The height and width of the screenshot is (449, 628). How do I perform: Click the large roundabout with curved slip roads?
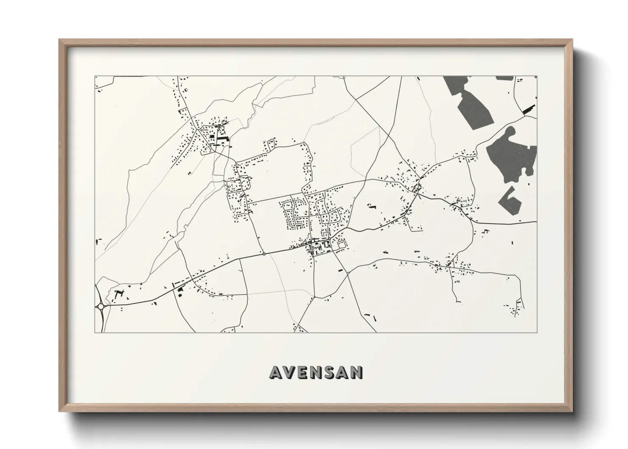click(101, 306)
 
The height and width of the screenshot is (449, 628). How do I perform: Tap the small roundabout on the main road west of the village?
click(264, 254)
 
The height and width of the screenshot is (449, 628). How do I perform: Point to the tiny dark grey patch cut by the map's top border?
click(505, 78)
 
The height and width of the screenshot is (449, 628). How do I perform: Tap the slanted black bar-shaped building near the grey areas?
click(529, 109)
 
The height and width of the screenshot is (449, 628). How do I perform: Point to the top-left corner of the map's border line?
click(95, 76)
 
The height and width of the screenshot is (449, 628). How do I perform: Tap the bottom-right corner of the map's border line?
click(537, 333)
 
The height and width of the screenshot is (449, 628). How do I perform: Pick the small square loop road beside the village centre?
click(340, 244)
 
